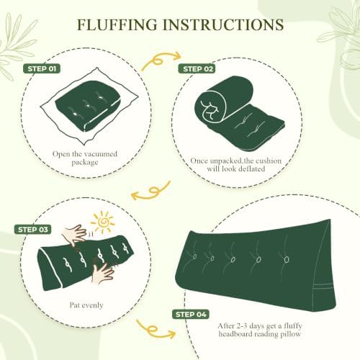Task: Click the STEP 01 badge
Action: (42, 69)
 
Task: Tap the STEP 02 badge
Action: (197, 69)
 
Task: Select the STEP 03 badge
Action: (33, 230)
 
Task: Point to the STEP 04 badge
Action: (191, 315)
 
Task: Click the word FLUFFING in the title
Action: (117, 24)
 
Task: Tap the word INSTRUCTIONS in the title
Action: (223, 24)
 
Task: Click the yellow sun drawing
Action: (103, 222)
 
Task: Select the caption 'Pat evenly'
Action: (86, 305)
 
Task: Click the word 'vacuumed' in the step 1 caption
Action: (101, 153)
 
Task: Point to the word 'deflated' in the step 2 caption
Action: (251, 168)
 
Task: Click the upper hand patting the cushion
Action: (75, 235)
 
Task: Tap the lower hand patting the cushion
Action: (103, 273)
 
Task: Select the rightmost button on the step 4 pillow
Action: (286, 259)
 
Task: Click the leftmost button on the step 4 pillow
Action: (194, 257)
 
